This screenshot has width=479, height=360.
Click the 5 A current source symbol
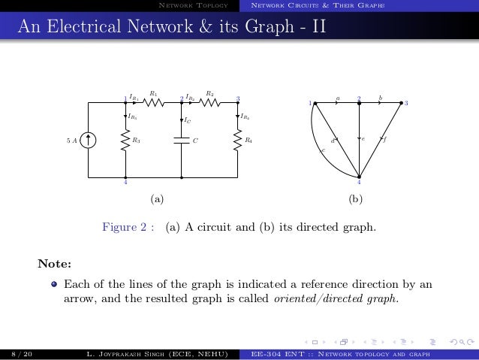pyautogui.click(x=89, y=139)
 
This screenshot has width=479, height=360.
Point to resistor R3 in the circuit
pyautogui.click(x=125, y=139)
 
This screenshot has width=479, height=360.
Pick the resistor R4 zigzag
pyautogui.click(x=237, y=139)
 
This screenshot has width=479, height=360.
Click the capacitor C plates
pyautogui.click(x=182, y=139)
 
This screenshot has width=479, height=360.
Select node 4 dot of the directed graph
pyautogui.click(x=360, y=177)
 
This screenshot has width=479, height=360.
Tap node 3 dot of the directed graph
pyautogui.click(x=403, y=102)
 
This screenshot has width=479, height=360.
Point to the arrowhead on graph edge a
pyautogui.click(x=339, y=102)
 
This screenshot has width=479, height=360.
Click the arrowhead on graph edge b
pyautogui.click(x=382, y=102)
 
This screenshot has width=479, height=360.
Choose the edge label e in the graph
pyautogui.click(x=364, y=139)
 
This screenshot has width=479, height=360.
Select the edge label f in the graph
pyautogui.click(x=385, y=139)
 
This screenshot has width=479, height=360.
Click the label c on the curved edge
pyautogui.click(x=323, y=151)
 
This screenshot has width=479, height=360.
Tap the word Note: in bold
pyautogui.click(x=55, y=264)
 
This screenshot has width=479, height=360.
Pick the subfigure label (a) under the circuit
pyautogui.click(x=156, y=200)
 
